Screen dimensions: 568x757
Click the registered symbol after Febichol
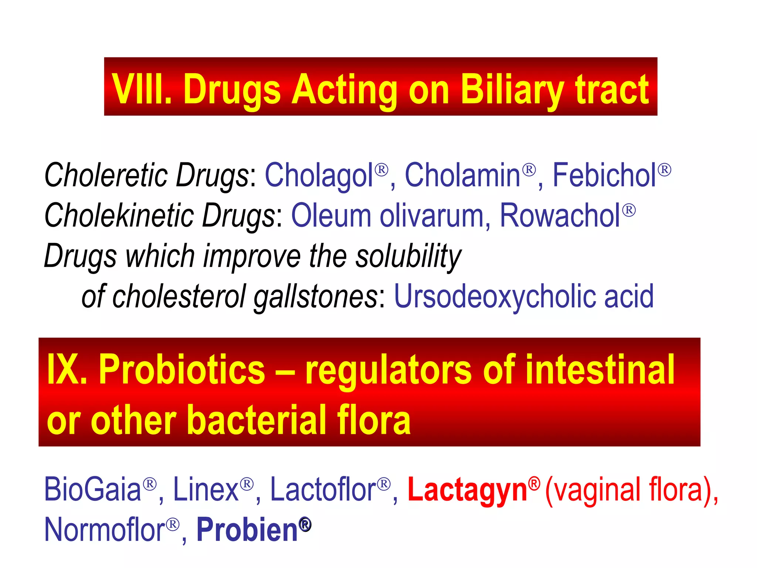(x=664, y=170)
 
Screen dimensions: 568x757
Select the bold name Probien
(x=247, y=530)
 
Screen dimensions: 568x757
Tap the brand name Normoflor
(x=104, y=530)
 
